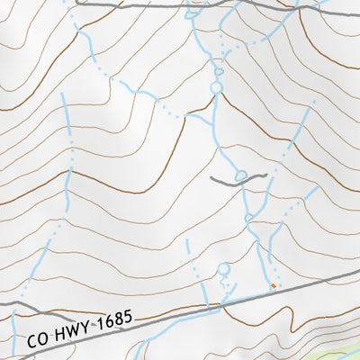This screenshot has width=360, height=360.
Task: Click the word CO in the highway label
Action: tap(37, 339)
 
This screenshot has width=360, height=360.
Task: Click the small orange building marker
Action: tap(274, 286)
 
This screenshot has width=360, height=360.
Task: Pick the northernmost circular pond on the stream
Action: tap(216, 87)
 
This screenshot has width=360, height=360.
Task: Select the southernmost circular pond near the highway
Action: tap(223, 268)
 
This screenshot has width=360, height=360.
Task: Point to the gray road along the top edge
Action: tap(135, 4)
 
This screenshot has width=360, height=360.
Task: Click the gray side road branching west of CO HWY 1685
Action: tap(36, 311)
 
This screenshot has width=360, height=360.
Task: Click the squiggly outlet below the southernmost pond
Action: tap(227, 288)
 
